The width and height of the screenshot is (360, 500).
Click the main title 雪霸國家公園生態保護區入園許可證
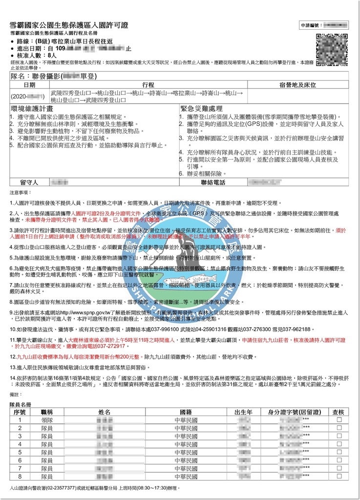[x=69, y=25]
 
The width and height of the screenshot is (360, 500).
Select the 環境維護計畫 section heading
[x=32, y=108]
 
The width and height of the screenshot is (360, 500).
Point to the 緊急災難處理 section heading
[x=201, y=108]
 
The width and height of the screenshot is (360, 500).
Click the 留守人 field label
[x=29, y=182]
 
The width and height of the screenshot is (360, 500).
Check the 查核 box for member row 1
[x=339, y=420]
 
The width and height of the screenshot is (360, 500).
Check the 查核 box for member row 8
[x=339, y=477]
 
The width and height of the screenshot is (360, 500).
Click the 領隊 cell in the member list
[x=47, y=420]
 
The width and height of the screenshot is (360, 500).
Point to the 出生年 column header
[x=243, y=412]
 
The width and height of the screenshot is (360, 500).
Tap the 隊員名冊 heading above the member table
[x=21, y=405]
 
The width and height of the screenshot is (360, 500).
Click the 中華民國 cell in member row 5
[x=186, y=452]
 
